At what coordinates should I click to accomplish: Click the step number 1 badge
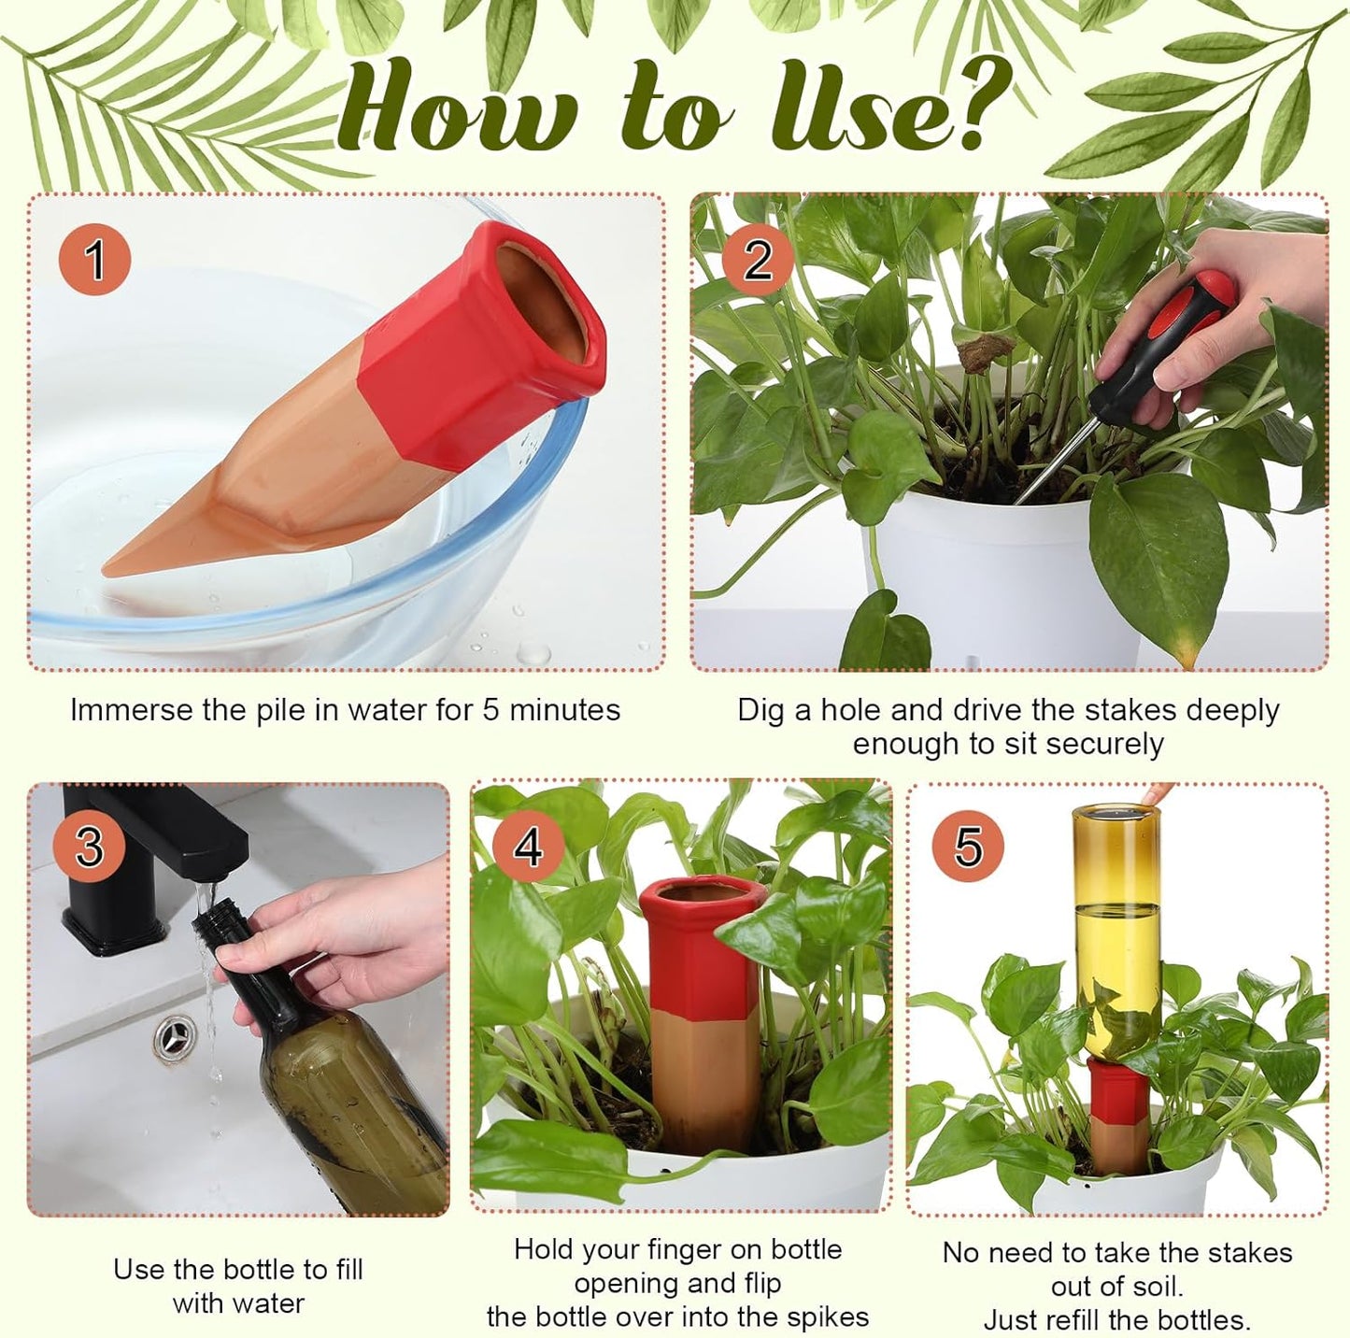94,259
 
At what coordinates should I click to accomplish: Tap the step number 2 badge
758,259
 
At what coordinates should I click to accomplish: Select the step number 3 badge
89,847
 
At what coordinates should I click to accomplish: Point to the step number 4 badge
529,847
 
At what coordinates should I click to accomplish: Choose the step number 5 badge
968,847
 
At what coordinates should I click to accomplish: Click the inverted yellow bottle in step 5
1117,934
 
